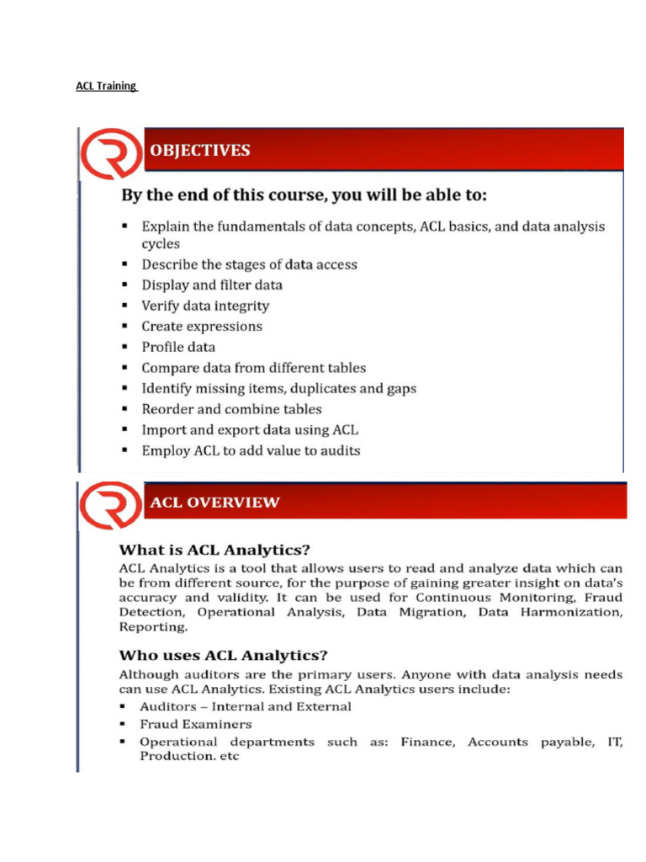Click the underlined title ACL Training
click(x=106, y=86)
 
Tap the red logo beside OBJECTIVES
click(x=110, y=154)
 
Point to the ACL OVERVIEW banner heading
click(x=214, y=503)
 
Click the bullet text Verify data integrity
click(x=205, y=306)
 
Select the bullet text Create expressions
click(x=202, y=326)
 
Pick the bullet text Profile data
click(x=178, y=347)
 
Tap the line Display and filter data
click(x=212, y=285)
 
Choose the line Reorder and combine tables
click(x=231, y=409)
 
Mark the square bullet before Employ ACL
click(x=124, y=450)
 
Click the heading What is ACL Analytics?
click(x=214, y=550)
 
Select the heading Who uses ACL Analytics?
click(x=223, y=655)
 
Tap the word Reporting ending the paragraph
click(x=153, y=627)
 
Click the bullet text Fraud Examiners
click(x=195, y=724)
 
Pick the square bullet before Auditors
click(x=124, y=707)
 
